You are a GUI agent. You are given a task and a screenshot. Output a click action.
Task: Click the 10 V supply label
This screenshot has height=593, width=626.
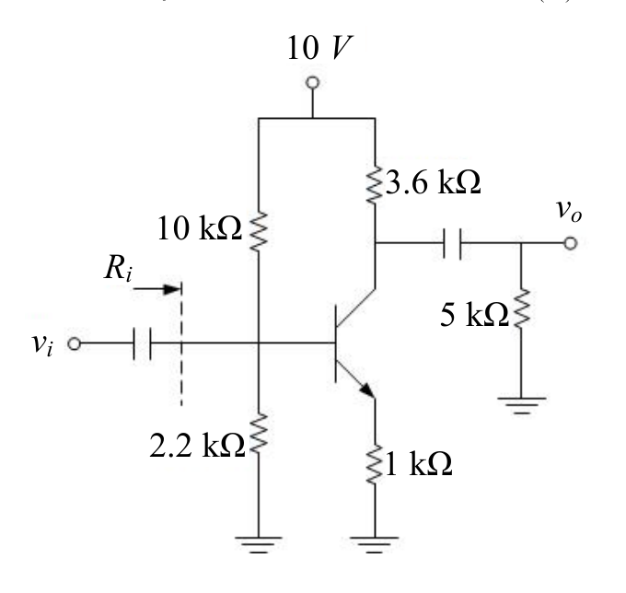(x=319, y=48)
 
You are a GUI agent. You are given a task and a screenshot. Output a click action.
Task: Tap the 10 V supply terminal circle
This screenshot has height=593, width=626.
(x=312, y=83)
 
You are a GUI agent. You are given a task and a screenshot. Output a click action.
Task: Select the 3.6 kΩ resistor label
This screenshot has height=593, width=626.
(x=433, y=182)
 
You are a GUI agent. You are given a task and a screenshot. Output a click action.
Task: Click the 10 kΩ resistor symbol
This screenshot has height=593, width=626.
(x=259, y=231)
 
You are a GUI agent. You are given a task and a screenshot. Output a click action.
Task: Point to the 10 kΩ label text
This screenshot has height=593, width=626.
(x=200, y=228)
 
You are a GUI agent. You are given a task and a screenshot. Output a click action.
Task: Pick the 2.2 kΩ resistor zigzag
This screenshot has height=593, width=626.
(x=259, y=434)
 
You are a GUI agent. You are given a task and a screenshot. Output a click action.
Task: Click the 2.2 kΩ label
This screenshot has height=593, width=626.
(x=197, y=446)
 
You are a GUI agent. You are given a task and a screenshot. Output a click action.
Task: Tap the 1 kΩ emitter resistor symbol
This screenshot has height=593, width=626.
(x=375, y=465)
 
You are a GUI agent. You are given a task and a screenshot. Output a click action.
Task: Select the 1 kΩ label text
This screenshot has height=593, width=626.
(x=419, y=464)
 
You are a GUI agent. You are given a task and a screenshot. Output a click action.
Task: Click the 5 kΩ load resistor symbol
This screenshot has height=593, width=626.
(x=521, y=308)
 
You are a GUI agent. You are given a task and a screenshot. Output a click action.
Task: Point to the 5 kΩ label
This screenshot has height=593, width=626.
(x=475, y=315)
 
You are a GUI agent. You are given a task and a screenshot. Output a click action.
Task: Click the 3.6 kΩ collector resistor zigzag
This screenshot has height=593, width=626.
(x=375, y=184)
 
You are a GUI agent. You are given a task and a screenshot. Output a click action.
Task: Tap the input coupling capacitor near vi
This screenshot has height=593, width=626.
(x=142, y=343)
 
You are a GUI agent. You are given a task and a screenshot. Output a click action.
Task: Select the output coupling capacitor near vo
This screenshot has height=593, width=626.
(x=452, y=243)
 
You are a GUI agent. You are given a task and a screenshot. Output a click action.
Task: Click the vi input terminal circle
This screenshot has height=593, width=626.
(x=75, y=343)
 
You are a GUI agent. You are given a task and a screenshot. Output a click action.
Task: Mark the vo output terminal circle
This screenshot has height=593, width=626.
(x=571, y=243)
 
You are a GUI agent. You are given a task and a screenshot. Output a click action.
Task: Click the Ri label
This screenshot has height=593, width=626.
(x=118, y=268)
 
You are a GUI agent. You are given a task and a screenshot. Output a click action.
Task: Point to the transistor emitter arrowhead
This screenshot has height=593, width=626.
(x=368, y=390)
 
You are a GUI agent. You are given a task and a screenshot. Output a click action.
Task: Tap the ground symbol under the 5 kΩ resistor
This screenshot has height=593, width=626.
(x=521, y=405)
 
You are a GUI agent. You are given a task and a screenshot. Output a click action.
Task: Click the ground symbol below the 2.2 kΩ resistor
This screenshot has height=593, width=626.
(x=259, y=545)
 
